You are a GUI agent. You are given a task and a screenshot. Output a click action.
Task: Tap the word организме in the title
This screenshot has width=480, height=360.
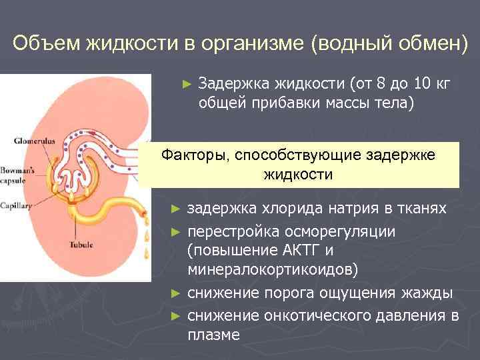click(253, 43)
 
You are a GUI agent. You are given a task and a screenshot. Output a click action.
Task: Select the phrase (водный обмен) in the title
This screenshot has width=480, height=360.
click(389, 43)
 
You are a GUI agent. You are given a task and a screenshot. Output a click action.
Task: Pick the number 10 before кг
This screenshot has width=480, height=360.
click(422, 83)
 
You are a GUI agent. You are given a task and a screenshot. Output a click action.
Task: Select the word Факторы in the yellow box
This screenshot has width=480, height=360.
click(193, 155)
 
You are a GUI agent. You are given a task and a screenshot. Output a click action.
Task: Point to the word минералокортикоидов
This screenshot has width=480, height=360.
click(273, 270)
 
